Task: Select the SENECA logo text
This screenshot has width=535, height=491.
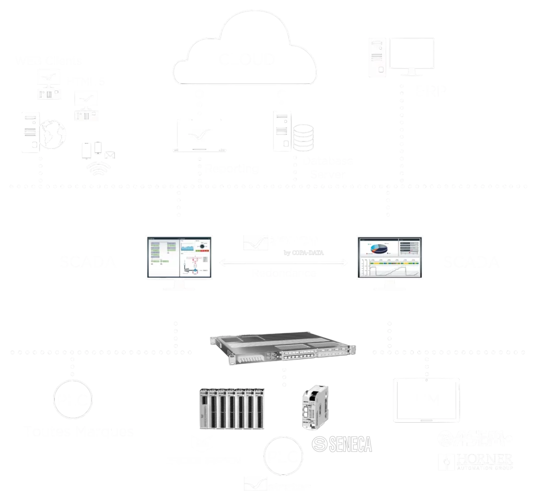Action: [x=342, y=444]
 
